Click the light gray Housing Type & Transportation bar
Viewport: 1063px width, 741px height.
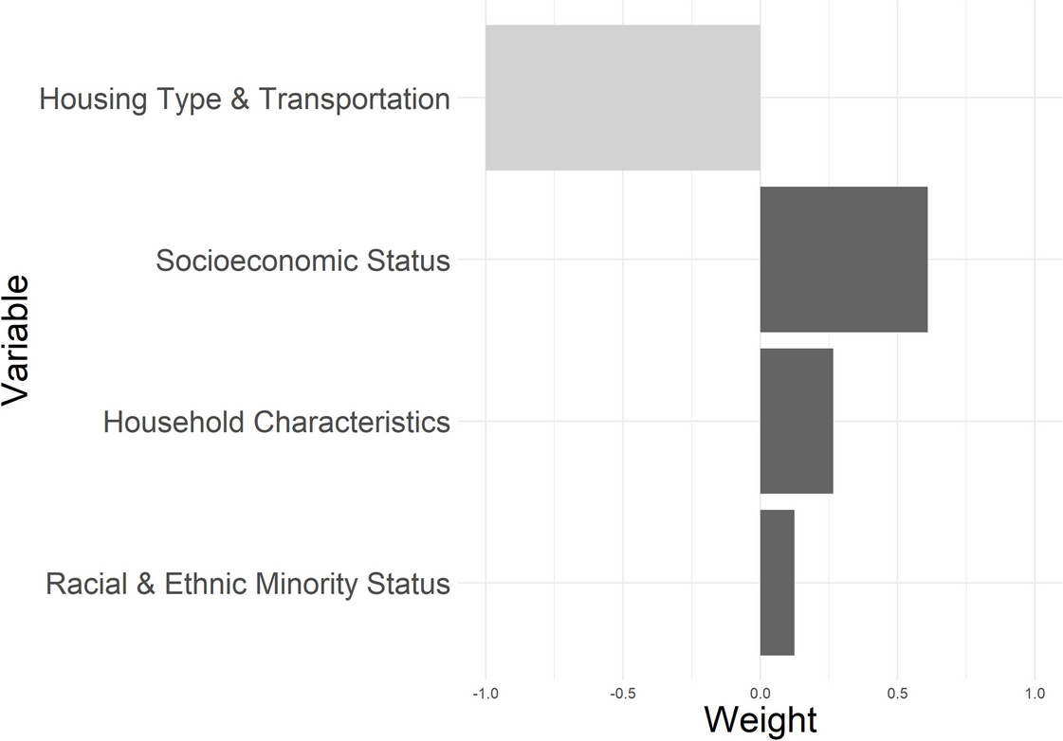(622, 98)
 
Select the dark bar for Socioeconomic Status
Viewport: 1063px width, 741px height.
(843, 260)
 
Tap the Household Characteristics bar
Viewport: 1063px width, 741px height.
(796, 421)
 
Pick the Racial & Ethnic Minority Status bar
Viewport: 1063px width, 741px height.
(777, 583)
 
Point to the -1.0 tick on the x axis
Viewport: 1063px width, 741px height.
(486, 694)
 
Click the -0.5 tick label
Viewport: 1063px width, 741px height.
(622, 694)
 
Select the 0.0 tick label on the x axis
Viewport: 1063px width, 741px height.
(760, 694)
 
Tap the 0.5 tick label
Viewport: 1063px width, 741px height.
(897, 694)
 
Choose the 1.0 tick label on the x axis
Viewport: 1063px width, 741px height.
(1035, 694)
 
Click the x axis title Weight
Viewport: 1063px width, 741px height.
(760, 720)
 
